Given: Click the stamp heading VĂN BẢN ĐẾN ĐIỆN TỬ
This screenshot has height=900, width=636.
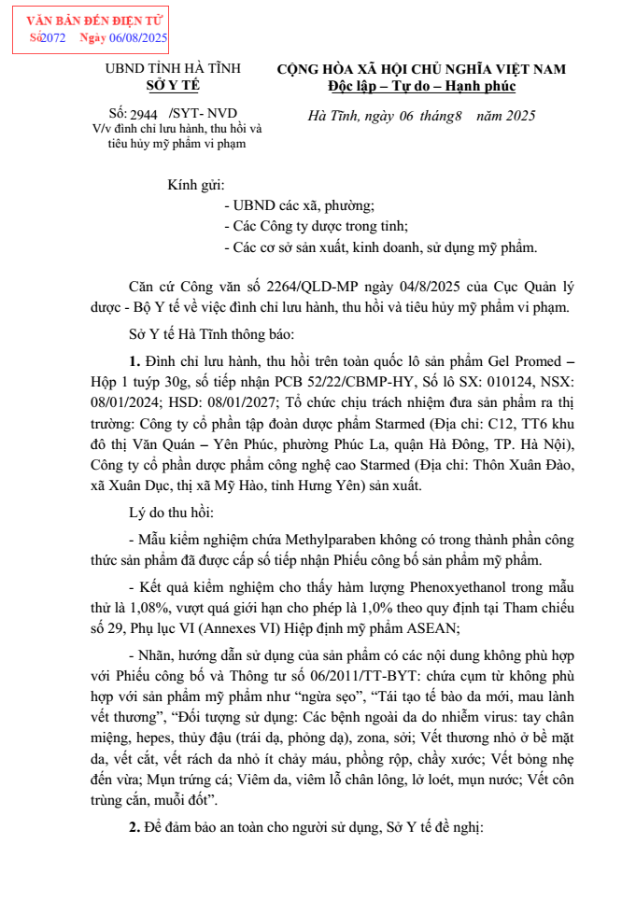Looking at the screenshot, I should [91, 20].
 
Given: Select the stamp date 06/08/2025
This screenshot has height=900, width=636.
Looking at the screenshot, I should [139, 38].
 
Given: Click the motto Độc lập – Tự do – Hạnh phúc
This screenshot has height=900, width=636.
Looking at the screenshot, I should [421, 86].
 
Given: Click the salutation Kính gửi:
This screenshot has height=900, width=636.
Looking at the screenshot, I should [196, 185].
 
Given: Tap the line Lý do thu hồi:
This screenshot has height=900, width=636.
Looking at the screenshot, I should [172, 513].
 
